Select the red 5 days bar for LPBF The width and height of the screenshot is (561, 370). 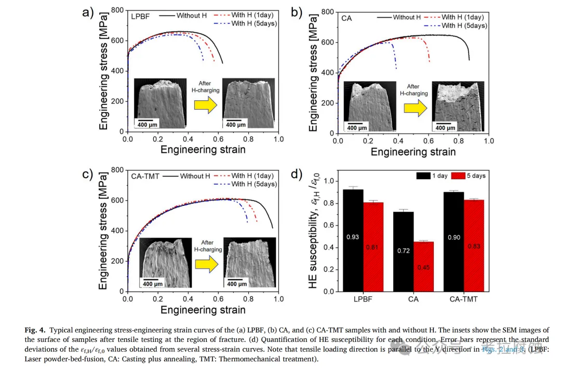(x=373, y=246)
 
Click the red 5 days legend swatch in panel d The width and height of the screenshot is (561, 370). (x=456, y=176)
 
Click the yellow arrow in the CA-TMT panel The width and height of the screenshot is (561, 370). (x=207, y=264)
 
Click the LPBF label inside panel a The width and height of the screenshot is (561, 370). (x=140, y=17)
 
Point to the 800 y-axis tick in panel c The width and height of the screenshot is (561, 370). (x=118, y=170)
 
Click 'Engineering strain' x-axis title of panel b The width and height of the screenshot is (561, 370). (x=413, y=152)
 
